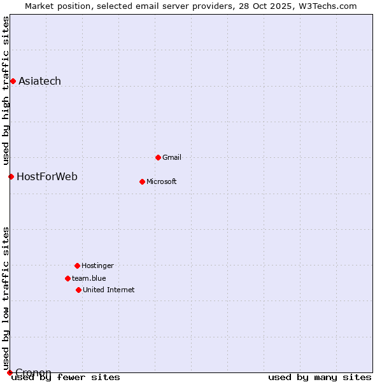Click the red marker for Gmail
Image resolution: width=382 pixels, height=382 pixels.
pyautogui.click(x=158, y=157)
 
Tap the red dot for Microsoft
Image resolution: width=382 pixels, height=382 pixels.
pyautogui.click(x=142, y=181)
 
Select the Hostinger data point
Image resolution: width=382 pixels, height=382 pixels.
pyautogui.click(x=77, y=265)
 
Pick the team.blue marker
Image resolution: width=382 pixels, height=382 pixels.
pyautogui.click(x=67, y=278)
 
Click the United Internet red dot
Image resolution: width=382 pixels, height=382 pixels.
pyautogui.click(x=78, y=290)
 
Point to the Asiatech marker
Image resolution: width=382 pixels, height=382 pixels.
pyautogui.click(x=13, y=81)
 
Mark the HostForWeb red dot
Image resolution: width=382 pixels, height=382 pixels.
pyautogui.click(x=11, y=176)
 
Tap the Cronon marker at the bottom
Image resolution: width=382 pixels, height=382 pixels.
pyautogui.click(x=10, y=372)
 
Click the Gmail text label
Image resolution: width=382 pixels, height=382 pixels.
pyautogui.click(x=172, y=157)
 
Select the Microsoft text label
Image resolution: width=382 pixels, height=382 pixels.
pyautogui.click(x=162, y=181)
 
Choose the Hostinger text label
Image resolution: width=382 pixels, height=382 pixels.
pyautogui.click(x=97, y=265)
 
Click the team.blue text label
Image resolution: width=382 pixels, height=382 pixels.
pyautogui.click(x=89, y=278)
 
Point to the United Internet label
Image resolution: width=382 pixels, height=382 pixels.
pyautogui.click(x=109, y=290)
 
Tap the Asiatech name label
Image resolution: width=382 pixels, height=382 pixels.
pyautogui.click(x=39, y=81)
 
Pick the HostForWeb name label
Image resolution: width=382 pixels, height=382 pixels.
pyautogui.click(x=47, y=176)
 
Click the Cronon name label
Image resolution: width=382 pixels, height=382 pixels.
pyautogui.click(x=33, y=372)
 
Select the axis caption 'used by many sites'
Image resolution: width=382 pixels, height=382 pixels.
pyautogui.click(x=320, y=378)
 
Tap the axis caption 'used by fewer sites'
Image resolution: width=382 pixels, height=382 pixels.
pyautogui.click(x=66, y=378)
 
